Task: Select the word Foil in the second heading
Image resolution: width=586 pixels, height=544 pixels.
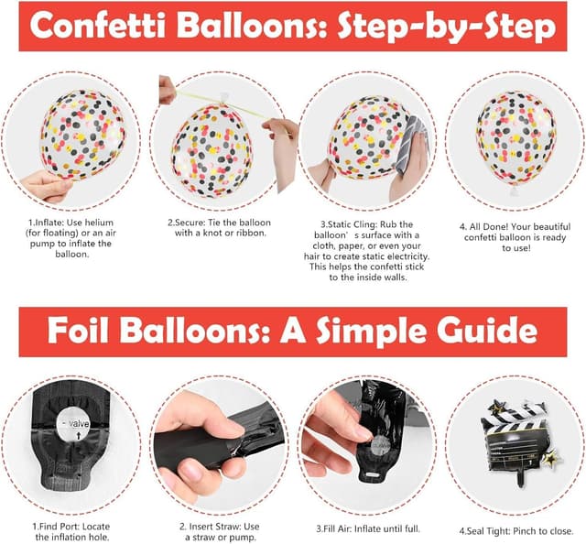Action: point(93,328)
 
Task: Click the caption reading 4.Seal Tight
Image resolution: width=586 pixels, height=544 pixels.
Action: point(513,530)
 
